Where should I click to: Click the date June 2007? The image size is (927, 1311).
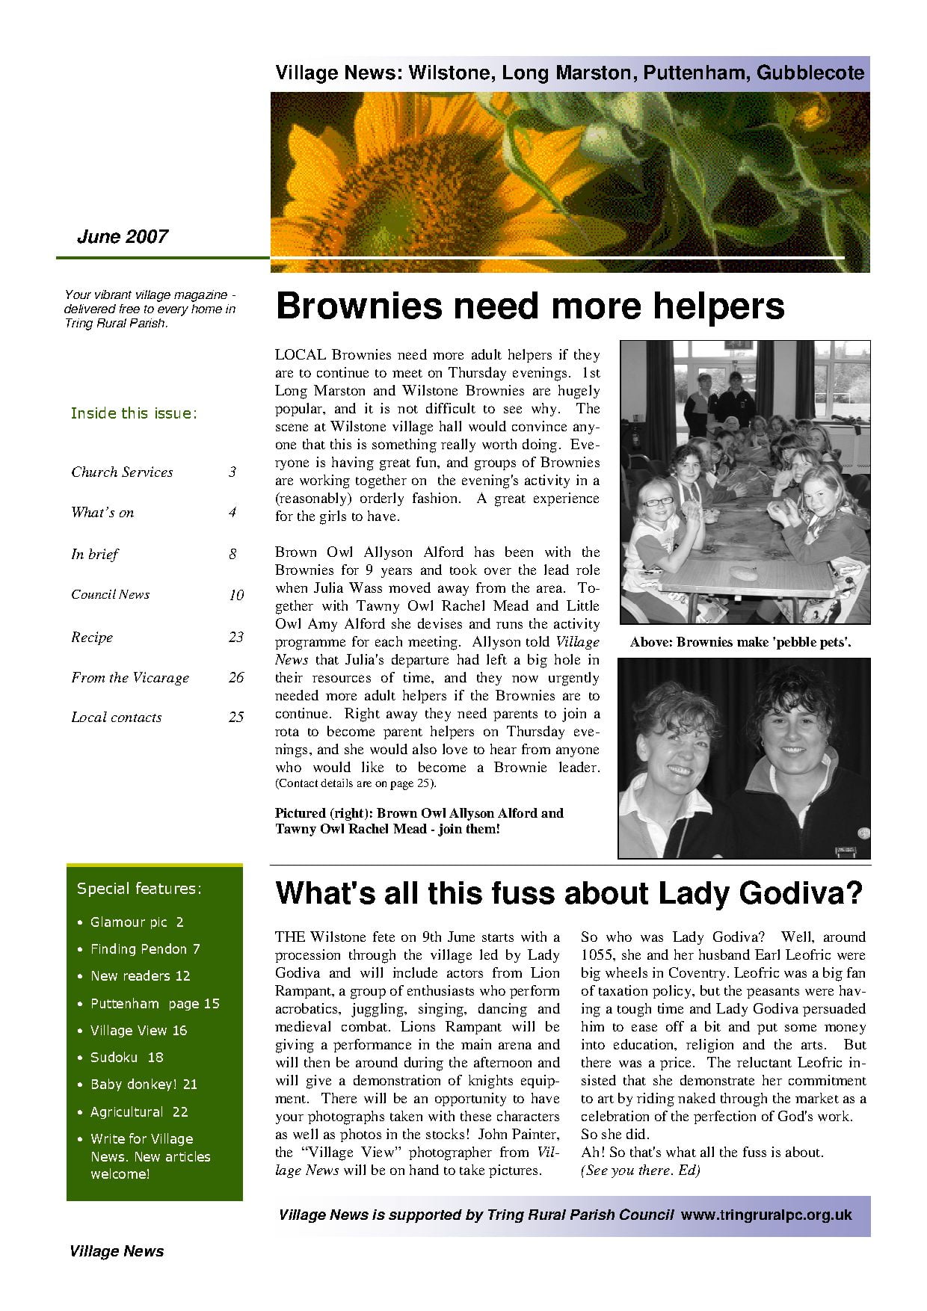pos(123,237)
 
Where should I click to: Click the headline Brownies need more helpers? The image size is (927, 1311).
pos(529,306)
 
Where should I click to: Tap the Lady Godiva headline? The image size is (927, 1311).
pos(569,893)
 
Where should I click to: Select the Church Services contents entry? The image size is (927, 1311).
pos(123,472)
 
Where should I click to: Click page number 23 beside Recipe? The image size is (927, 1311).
pos(236,637)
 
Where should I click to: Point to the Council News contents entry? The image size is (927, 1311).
pos(111,595)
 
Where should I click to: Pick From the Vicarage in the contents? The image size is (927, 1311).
pos(130,678)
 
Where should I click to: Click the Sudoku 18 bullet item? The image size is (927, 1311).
pos(126,1058)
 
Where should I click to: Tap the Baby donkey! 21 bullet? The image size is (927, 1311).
pos(144,1085)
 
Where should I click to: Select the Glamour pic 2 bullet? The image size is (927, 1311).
pos(137,922)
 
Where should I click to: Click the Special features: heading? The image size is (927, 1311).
pos(139,889)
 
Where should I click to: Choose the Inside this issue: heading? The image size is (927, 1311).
pos(134,413)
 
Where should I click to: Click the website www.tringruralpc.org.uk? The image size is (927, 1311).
pos(766,1215)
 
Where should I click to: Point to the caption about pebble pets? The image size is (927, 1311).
pos(740,642)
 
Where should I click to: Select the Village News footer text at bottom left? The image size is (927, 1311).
pos(117,1251)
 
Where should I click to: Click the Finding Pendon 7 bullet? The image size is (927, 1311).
pos(145,949)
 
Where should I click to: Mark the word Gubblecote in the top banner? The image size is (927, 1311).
pos(810,73)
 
